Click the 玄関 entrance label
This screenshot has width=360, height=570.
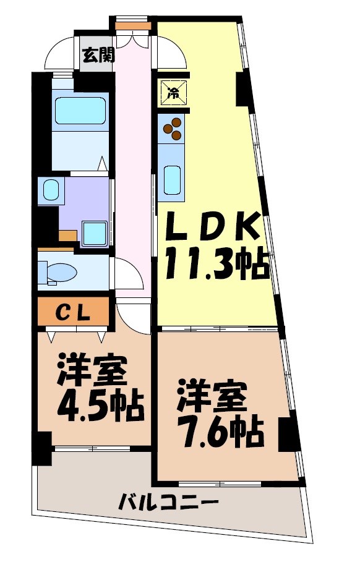click(98, 55)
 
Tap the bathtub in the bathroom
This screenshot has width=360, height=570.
click(80, 111)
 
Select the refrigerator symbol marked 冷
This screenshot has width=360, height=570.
click(173, 93)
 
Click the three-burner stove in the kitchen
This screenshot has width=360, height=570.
click(173, 129)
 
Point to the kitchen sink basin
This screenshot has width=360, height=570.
click(173, 180)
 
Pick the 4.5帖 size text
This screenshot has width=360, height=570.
click(100, 405)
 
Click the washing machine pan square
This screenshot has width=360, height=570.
click(94, 233)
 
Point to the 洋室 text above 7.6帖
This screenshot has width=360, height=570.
click(213, 398)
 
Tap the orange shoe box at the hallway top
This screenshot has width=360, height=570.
click(133, 26)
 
